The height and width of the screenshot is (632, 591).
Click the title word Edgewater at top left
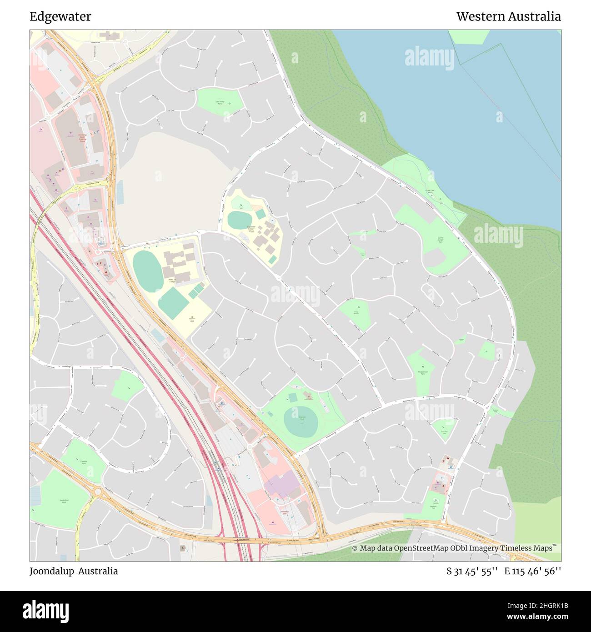60,17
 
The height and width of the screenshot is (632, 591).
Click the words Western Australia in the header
508,17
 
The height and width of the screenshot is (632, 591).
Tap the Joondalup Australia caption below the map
74,571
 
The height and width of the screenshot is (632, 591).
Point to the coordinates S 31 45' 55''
472,571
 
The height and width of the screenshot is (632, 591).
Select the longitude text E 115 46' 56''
533,571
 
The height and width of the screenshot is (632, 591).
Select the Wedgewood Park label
423,371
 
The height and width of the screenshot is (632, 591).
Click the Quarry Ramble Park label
440,240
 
